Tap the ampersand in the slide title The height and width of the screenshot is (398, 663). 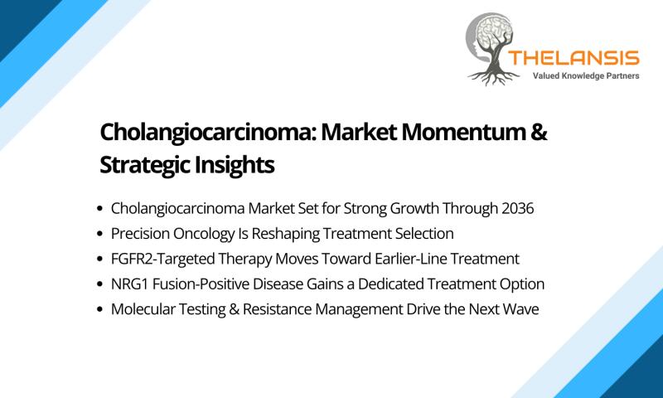click(539, 132)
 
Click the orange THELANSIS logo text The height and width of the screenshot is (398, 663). click(573, 58)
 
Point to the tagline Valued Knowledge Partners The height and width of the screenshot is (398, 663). click(586, 76)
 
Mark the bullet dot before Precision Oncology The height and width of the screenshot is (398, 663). click(99, 234)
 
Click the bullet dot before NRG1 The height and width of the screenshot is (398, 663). click(99, 284)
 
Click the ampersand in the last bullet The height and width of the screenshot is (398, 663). click(234, 309)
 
